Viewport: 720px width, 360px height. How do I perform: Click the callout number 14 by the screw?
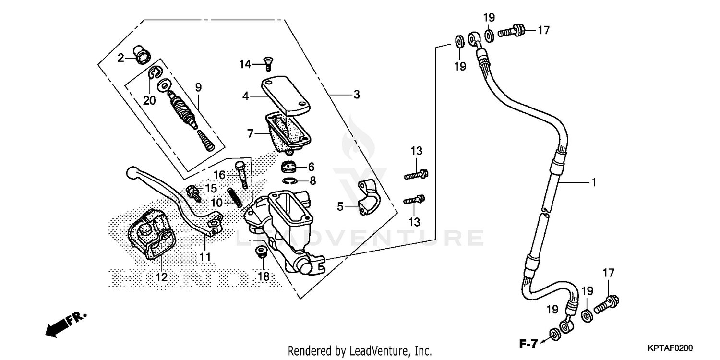click(x=245, y=64)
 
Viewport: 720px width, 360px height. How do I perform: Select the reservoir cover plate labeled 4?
click(x=286, y=96)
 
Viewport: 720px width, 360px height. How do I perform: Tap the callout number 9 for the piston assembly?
click(x=198, y=87)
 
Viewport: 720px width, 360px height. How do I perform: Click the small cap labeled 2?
click(x=141, y=55)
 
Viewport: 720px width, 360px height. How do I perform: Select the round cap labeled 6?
click(x=288, y=168)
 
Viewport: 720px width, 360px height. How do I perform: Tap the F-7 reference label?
click(x=528, y=343)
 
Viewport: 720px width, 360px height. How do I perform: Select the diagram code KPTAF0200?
click(x=674, y=347)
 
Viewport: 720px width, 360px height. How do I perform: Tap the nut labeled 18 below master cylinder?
click(x=262, y=252)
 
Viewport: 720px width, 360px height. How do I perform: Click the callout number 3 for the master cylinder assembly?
click(x=356, y=95)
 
